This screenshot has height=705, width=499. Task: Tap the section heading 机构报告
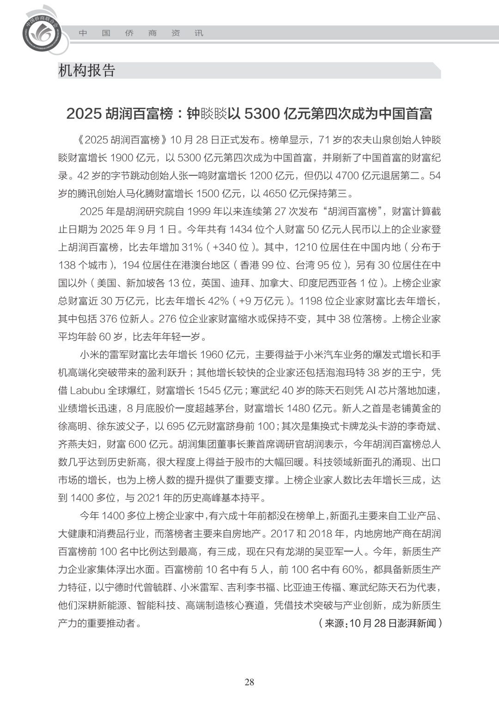tap(86, 70)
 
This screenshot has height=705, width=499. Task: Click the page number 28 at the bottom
tap(249, 682)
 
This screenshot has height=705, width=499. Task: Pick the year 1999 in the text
tap(198, 212)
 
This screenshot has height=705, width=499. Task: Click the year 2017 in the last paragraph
tap(282, 534)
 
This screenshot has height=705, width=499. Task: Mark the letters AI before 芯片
tap(371, 391)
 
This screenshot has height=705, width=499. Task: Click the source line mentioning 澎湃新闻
tap(380, 623)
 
